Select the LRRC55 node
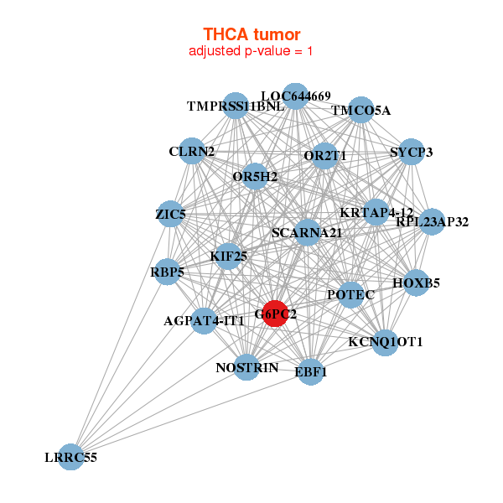click(71, 457)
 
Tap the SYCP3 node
click(411, 152)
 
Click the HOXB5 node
click(411, 283)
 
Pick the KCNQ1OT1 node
click(384, 342)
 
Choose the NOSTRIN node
click(246, 367)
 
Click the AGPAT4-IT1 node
click(205, 320)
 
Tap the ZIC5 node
click(171, 214)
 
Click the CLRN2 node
click(191, 152)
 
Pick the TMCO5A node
click(360, 110)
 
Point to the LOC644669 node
click(295, 96)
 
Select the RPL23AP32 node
click(431, 222)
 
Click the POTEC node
click(350, 294)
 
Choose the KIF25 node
click(228, 256)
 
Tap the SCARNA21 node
click(307, 232)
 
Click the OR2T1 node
click(325, 156)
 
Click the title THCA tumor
click(251, 34)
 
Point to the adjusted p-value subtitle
click(251, 51)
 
